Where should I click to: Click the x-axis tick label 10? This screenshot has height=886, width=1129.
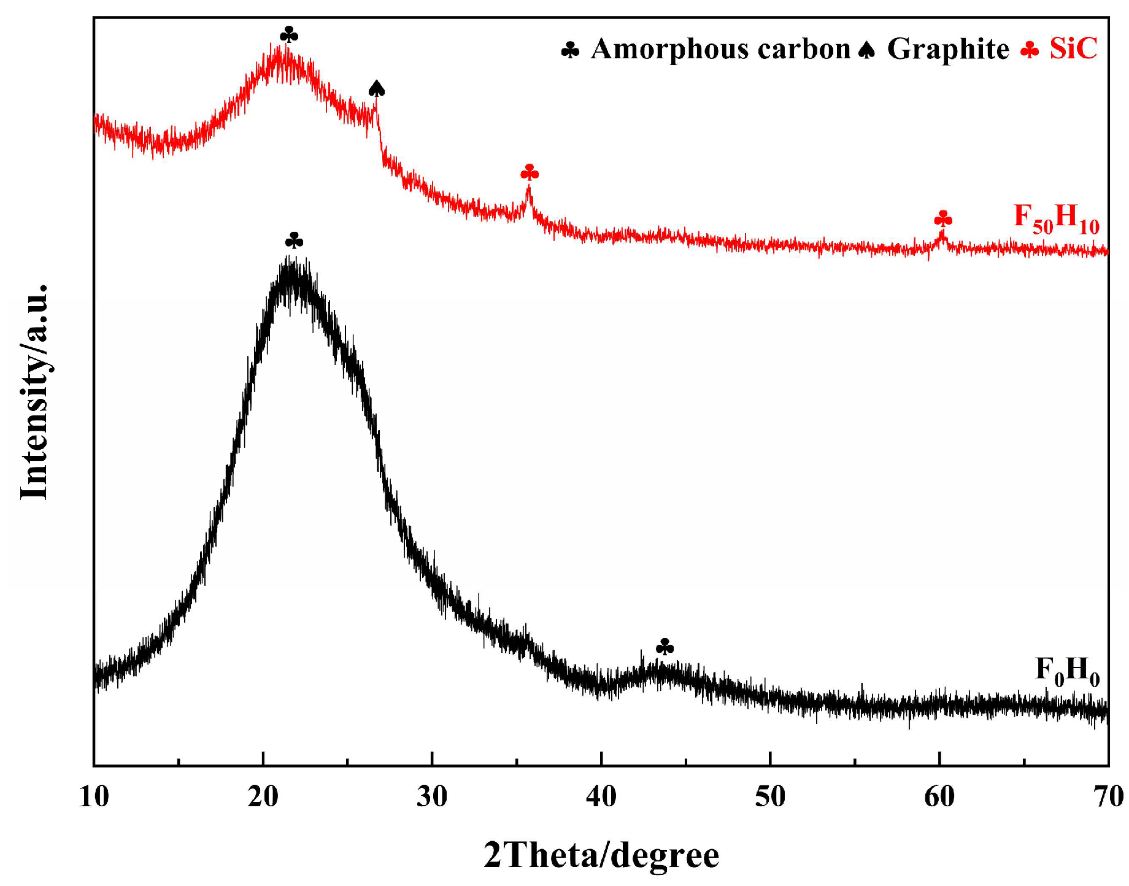(x=94, y=797)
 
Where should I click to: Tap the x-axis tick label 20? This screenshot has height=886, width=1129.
(x=263, y=797)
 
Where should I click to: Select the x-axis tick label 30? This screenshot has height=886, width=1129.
(x=432, y=797)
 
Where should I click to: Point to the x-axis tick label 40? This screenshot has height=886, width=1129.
(x=601, y=797)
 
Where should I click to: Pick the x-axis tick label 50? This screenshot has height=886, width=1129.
(x=770, y=797)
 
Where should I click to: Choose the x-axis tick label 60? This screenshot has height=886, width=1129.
(x=939, y=797)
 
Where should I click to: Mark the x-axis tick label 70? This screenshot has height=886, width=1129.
(x=1108, y=797)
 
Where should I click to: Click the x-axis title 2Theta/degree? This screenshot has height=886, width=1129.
(x=601, y=855)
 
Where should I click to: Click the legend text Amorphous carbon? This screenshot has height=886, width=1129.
(x=720, y=49)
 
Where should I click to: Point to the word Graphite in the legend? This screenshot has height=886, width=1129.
(x=947, y=49)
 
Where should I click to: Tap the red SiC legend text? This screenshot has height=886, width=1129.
(x=1073, y=49)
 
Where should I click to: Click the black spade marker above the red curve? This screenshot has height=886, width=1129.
(x=377, y=89)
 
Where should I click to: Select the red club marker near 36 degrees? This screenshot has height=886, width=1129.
(x=530, y=172)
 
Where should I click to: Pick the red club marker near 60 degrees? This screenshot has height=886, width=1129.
(x=943, y=218)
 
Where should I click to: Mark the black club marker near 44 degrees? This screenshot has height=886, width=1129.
(x=665, y=647)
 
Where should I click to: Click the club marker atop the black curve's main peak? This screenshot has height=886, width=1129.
(x=294, y=241)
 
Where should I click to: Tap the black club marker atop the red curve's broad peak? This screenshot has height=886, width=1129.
(x=289, y=34)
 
